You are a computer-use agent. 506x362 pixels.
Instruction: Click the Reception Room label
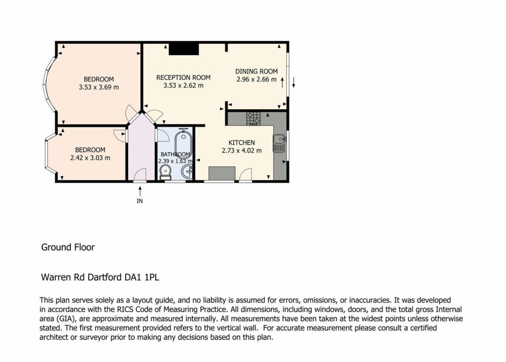pos(183,78)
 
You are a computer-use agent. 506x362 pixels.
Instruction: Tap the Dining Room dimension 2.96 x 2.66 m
pos(256,80)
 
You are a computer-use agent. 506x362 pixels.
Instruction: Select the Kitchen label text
pos(242,143)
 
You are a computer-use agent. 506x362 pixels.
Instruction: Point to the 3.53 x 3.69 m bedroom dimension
pos(99,87)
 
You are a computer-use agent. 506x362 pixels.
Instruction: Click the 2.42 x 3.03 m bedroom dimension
pos(90,158)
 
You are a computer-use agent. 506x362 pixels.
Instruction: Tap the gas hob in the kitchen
pos(253,119)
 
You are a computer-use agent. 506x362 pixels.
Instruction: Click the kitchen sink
pos(279,143)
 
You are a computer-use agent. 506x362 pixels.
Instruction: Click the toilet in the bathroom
pos(166,172)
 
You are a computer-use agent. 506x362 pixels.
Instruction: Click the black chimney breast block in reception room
pos(184,49)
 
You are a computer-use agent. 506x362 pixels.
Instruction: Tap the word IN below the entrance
pos(140,201)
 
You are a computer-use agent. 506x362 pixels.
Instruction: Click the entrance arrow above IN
pos(140,191)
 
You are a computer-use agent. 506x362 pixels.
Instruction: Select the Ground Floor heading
pos(68,247)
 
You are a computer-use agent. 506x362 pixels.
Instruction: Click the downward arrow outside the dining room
pos(294,82)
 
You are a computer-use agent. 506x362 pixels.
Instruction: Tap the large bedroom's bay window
pos(50,84)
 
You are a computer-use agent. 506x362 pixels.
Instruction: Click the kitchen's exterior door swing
pos(246,174)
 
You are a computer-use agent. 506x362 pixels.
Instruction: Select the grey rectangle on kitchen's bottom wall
pos(222,173)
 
